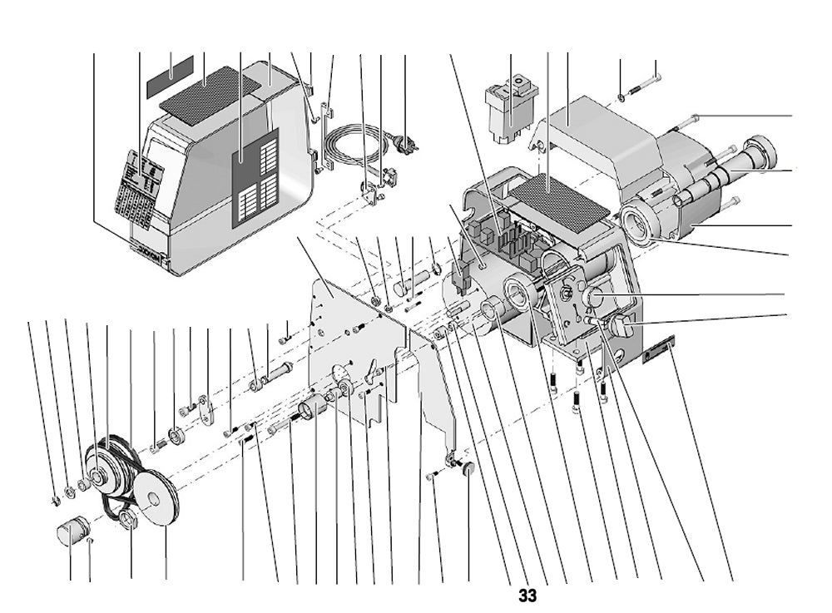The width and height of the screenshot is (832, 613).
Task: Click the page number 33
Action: [x=527, y=596]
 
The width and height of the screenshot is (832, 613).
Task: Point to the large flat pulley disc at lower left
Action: [x=157, y=498]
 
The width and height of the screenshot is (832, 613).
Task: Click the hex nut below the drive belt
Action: [x=128, y=521]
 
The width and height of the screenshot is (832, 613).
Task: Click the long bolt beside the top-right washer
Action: [x=645, y=86]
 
